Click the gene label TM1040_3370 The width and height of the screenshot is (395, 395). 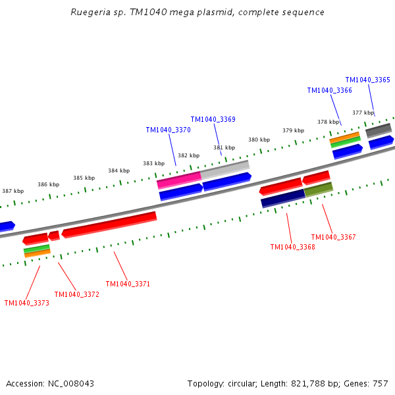168,130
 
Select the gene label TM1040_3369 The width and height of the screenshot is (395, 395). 213,119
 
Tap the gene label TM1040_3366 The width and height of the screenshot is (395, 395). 329,90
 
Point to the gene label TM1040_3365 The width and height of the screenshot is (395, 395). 367,80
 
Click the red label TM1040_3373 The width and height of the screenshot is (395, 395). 26,303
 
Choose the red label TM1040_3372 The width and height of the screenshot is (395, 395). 76,294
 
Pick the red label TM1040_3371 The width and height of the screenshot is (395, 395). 128,284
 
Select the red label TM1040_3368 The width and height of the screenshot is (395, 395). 292,247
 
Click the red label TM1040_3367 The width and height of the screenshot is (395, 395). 333,237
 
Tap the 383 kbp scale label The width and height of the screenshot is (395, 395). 153,163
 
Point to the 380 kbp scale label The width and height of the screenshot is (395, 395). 259,140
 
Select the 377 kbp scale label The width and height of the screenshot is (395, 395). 363,113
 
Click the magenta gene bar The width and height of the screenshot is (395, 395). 179,179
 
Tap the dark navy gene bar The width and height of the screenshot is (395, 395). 282,197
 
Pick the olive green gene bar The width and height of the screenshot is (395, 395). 319,190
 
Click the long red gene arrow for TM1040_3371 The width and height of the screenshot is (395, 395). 109,224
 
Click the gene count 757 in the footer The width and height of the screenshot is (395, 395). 380,383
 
